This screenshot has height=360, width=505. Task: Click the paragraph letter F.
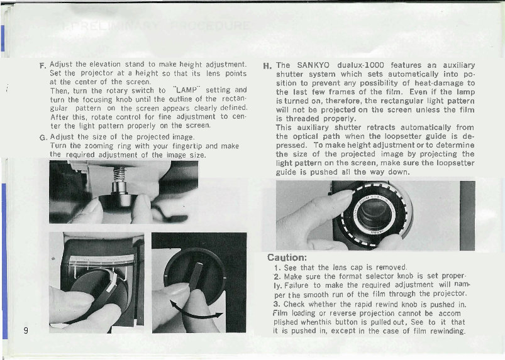click(x=43, y=66)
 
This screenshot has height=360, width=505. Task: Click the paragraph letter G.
click(x=42, y=137)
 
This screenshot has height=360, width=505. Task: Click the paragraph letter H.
click(x=267, y=65)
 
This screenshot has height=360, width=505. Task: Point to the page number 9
click(x=25, y=332)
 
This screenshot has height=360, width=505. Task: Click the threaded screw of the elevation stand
click(x=116, y=173)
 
